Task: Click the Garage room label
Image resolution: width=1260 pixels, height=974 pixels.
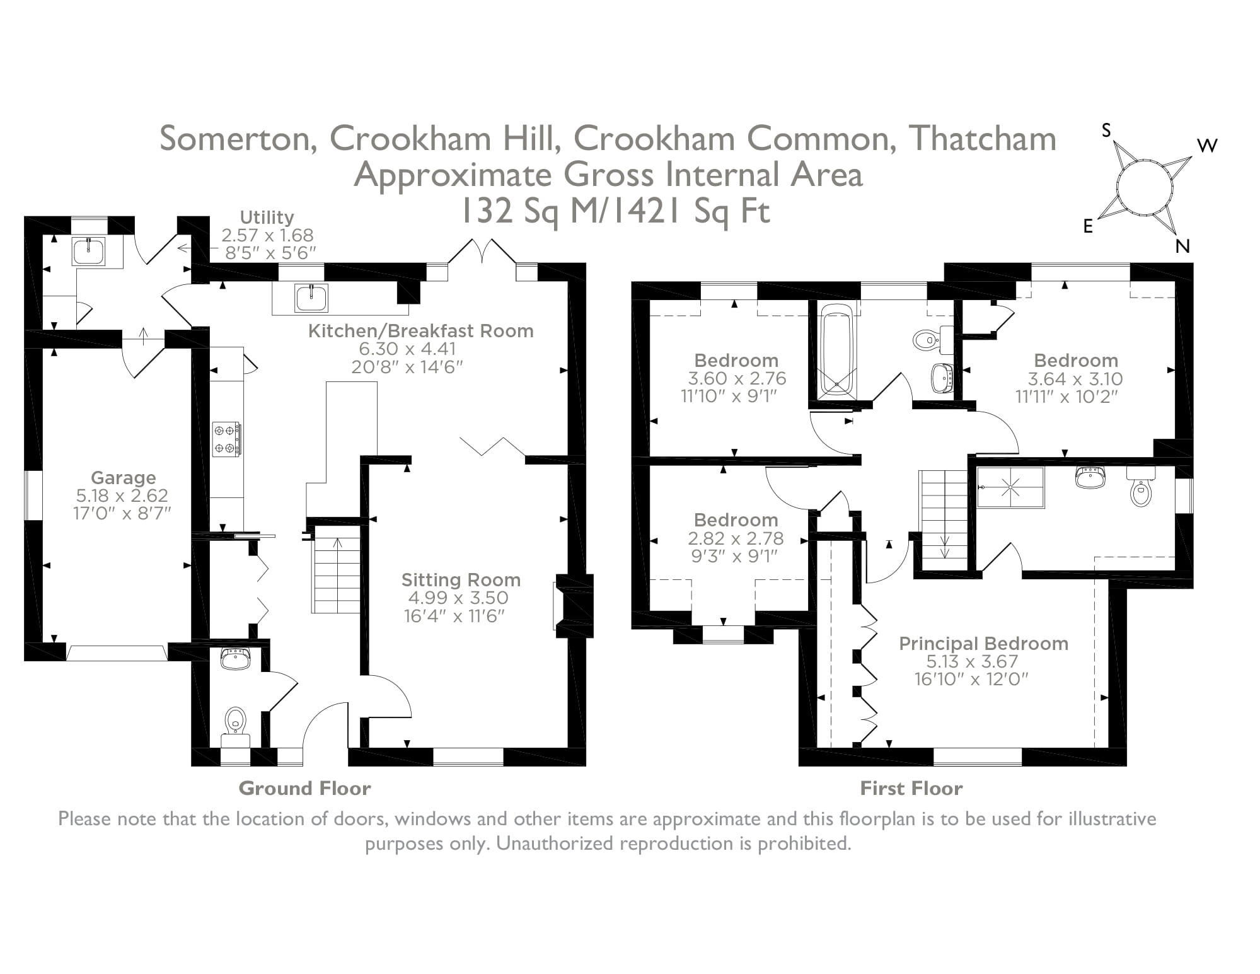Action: coord(123,478)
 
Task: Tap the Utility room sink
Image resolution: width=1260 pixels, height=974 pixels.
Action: coord(88,252)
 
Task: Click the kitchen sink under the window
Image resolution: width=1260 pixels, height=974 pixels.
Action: coord(312,298)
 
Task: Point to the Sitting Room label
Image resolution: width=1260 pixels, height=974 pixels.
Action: coord(461,580)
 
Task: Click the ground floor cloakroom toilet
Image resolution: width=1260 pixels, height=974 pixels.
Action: coord(235,721)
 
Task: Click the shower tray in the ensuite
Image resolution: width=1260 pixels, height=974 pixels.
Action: coord(1010,487)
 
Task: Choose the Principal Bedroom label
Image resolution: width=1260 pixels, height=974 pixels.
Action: coord(983,644)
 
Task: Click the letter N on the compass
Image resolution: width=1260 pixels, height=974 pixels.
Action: coord(1182,246)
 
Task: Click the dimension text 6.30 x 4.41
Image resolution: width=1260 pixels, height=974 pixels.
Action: coord(407,349)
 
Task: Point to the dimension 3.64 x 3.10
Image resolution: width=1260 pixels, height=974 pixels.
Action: coord(1075,379)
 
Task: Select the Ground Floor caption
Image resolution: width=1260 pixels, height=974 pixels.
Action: coord(304,789)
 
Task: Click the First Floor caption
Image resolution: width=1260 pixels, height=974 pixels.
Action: coord(911,789)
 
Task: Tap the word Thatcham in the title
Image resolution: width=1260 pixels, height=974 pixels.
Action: coord(981,139)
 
